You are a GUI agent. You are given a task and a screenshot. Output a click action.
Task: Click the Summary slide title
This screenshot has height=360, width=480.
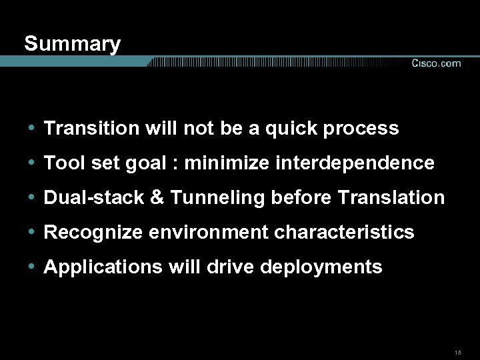(72, 44)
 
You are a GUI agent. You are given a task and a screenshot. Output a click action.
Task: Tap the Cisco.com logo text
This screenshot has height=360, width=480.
(436, 63)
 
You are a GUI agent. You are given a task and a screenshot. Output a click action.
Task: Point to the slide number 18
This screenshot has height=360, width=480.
(457, 352)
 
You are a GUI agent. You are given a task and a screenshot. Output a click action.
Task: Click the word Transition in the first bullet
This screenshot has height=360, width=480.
(91, 128)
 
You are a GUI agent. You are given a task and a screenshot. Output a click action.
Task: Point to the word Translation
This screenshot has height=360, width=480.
(391, 197)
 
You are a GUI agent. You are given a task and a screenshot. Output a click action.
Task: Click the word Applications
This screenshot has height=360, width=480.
(103, 267)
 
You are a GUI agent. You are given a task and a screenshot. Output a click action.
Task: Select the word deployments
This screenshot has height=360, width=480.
(321, 267)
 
